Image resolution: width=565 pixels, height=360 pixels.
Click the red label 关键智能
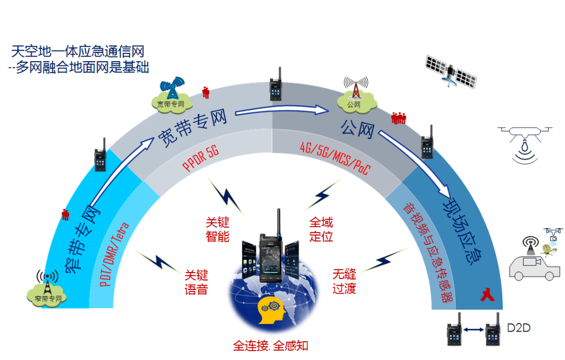point(218,229)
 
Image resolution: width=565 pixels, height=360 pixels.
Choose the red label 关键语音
point(196,282)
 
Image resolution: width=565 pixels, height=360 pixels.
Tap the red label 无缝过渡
point(344,281)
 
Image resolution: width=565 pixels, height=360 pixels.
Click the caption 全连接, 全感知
point(270,346)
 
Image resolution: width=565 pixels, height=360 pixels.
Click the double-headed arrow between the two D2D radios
point(472,329)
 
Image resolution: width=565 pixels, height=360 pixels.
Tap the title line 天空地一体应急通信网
point(77,52)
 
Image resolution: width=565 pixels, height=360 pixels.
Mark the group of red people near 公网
point(399,118)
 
